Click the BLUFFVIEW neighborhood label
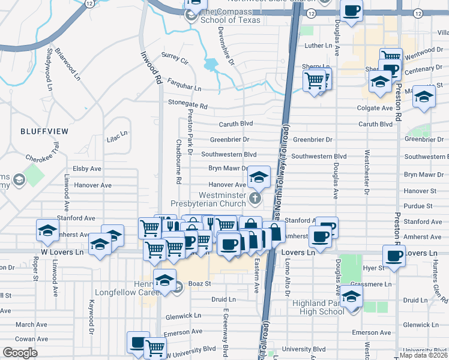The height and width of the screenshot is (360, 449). click(44, 130)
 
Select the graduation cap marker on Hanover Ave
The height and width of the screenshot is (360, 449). click(259, 177)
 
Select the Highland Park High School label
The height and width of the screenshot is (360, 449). click(318, 307)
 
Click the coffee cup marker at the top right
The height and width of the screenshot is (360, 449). click(351, 10)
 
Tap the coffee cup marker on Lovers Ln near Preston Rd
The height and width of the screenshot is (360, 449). click(394, 256)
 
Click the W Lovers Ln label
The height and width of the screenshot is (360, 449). click(62, 252)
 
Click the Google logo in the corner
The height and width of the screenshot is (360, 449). click(20, 353)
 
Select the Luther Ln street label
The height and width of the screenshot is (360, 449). click(318, 46)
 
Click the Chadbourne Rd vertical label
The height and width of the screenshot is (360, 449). click(178, 161)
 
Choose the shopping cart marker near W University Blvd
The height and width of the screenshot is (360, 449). click(155, 346)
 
